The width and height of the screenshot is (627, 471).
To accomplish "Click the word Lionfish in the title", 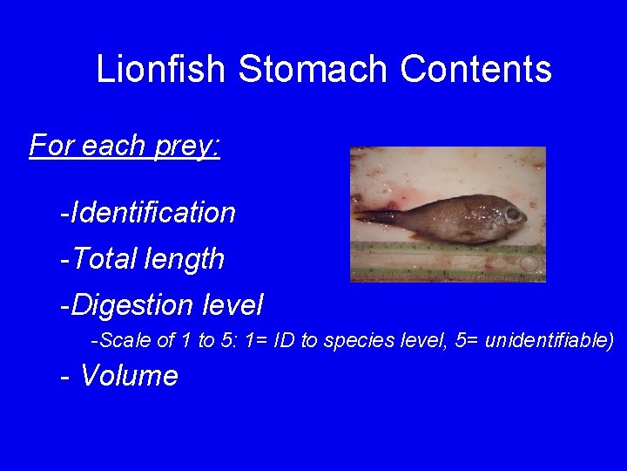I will [x=162, y=69].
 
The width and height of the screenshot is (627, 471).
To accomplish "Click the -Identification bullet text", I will [x=147, y=212].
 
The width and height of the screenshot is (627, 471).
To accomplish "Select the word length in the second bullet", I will [x=186, y=259].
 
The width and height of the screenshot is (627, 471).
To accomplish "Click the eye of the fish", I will [x=513, y=213].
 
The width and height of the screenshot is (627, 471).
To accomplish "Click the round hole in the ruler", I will [x=529, y=263].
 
